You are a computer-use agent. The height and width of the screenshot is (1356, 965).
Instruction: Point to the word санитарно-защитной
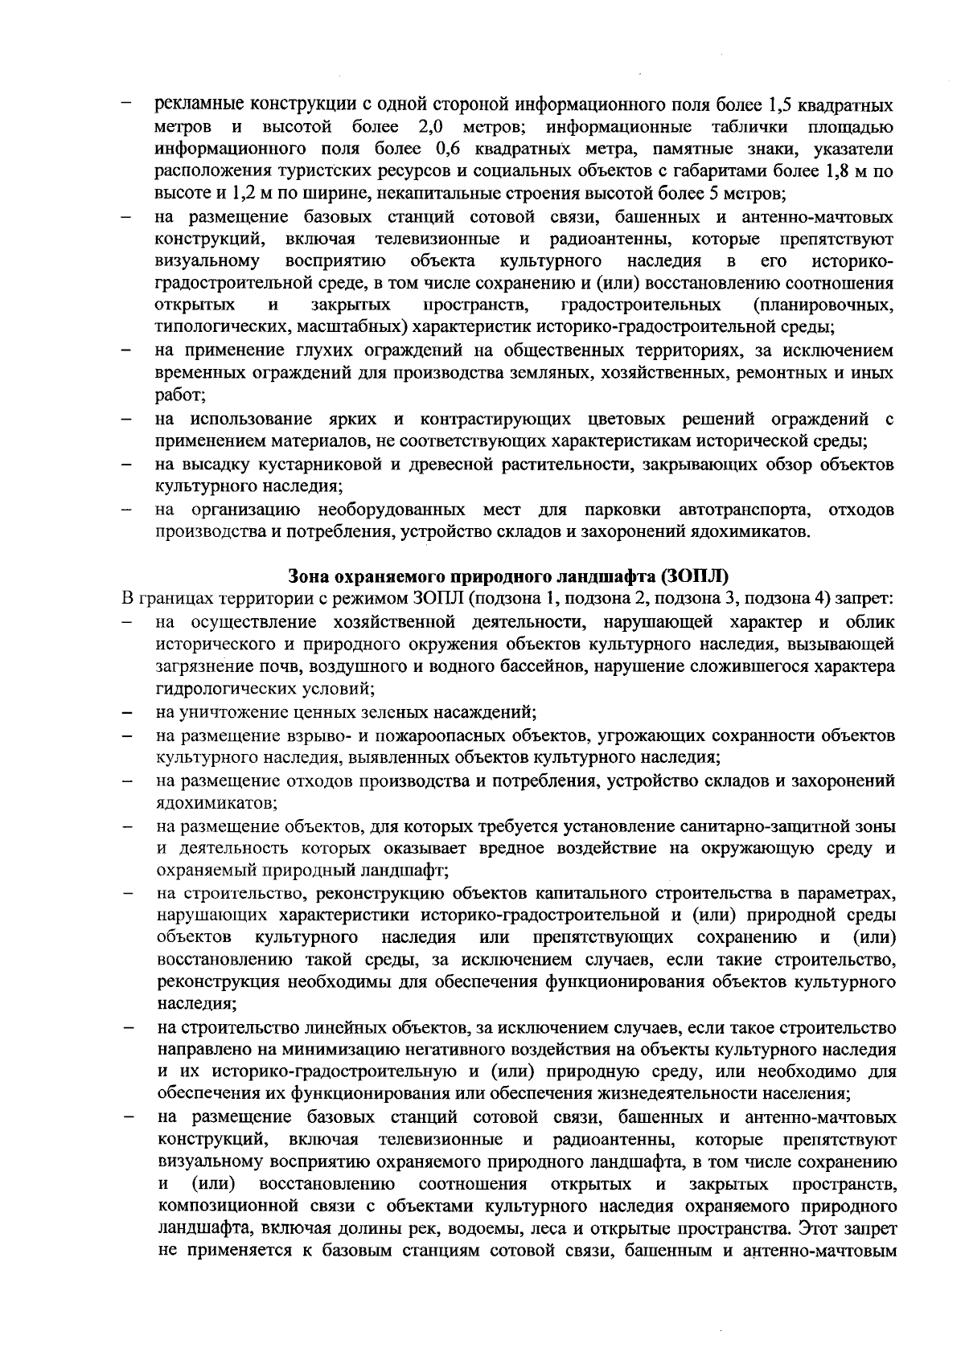point(791,826)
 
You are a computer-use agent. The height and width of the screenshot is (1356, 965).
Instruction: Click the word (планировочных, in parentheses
point(823,305)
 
